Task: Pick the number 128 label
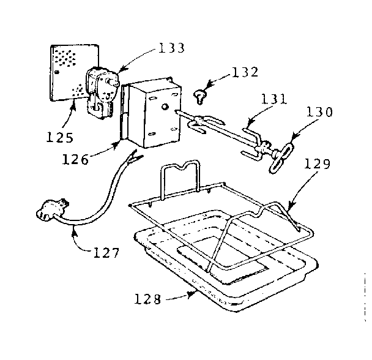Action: (x=149, y=300)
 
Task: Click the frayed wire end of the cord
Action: (x=130, y=161)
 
